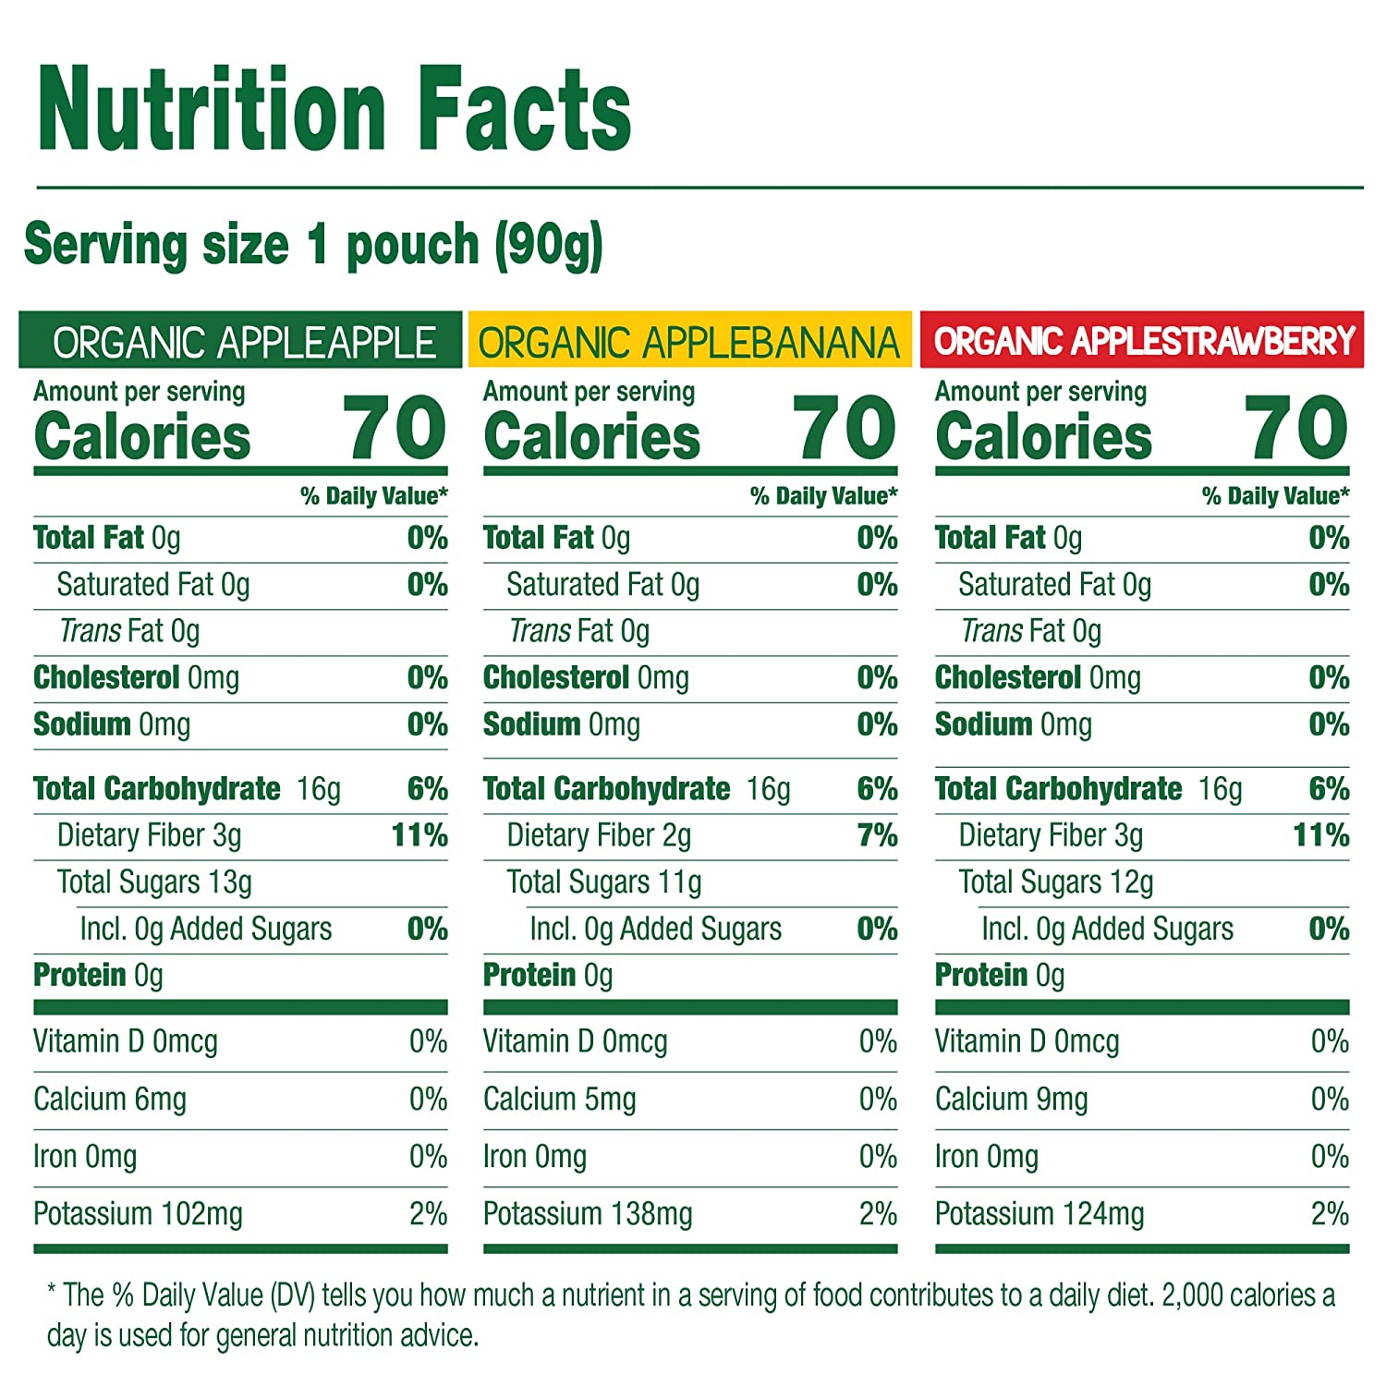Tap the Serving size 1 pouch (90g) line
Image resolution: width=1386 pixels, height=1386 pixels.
tap(313, 245)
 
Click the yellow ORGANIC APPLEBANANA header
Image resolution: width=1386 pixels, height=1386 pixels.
tap(688, 342)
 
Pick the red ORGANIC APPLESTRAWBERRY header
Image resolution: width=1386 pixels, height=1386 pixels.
tap(1143, 341)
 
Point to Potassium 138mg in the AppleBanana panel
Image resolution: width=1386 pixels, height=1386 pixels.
tap(588, 1214)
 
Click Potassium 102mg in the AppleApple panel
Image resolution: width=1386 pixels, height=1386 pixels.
tap(138, 1214)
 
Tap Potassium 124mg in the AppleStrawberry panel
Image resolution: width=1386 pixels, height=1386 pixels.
tap(1039, 1214)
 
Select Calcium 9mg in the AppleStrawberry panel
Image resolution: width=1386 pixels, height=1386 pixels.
tap(1011, 1100)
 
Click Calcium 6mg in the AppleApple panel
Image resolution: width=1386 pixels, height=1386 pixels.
tap(110, 1100)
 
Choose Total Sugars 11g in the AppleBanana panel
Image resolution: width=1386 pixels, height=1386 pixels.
tap(603, 882)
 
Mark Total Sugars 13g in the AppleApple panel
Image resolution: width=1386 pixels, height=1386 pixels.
tap(154, 882)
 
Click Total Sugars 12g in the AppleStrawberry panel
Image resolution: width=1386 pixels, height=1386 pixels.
tap(1056, 882)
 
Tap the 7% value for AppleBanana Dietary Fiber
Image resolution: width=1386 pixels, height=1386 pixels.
tap(877, 835)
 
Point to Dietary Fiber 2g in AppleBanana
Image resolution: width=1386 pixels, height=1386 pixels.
tap(599, 835)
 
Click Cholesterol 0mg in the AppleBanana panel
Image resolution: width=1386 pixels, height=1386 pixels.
tap(586, 678)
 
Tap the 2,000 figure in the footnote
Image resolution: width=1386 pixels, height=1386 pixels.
tap(1192, 1295)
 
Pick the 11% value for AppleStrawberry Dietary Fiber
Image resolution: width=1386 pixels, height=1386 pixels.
tap(1320, 835)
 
